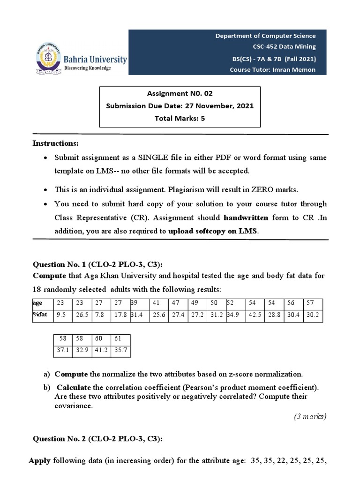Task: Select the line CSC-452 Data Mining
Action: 284,46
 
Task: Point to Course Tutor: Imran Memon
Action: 272,69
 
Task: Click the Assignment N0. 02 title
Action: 180,93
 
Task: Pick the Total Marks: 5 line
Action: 180,119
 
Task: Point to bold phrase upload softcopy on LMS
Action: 213,231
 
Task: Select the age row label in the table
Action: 37,303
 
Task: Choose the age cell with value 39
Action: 134,303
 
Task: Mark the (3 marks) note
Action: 309,416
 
